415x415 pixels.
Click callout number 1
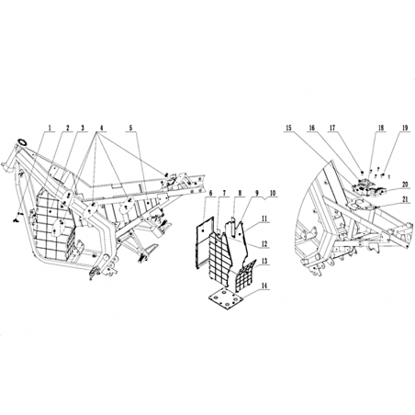click(50, 128)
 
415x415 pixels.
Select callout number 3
click(82, 128)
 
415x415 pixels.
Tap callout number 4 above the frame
click(101, 128)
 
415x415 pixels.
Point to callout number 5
click(131, 128)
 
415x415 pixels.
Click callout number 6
click(210, 194)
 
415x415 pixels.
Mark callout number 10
click(273, 194)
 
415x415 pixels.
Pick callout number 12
click(264, 244)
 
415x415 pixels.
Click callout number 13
click(264, 261)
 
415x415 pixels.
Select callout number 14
click(264, 286)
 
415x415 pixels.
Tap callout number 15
click(289, 128)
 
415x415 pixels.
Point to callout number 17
click(332, 128)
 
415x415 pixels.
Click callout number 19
click(405, 128)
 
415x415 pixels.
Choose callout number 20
click(405, 185)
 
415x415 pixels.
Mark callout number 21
click(405, 200)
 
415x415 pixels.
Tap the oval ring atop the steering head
click(23, 141)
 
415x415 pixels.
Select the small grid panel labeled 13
click(246, 275)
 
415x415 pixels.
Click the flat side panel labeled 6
click(204, 241)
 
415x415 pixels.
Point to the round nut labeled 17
click(362, 172)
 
